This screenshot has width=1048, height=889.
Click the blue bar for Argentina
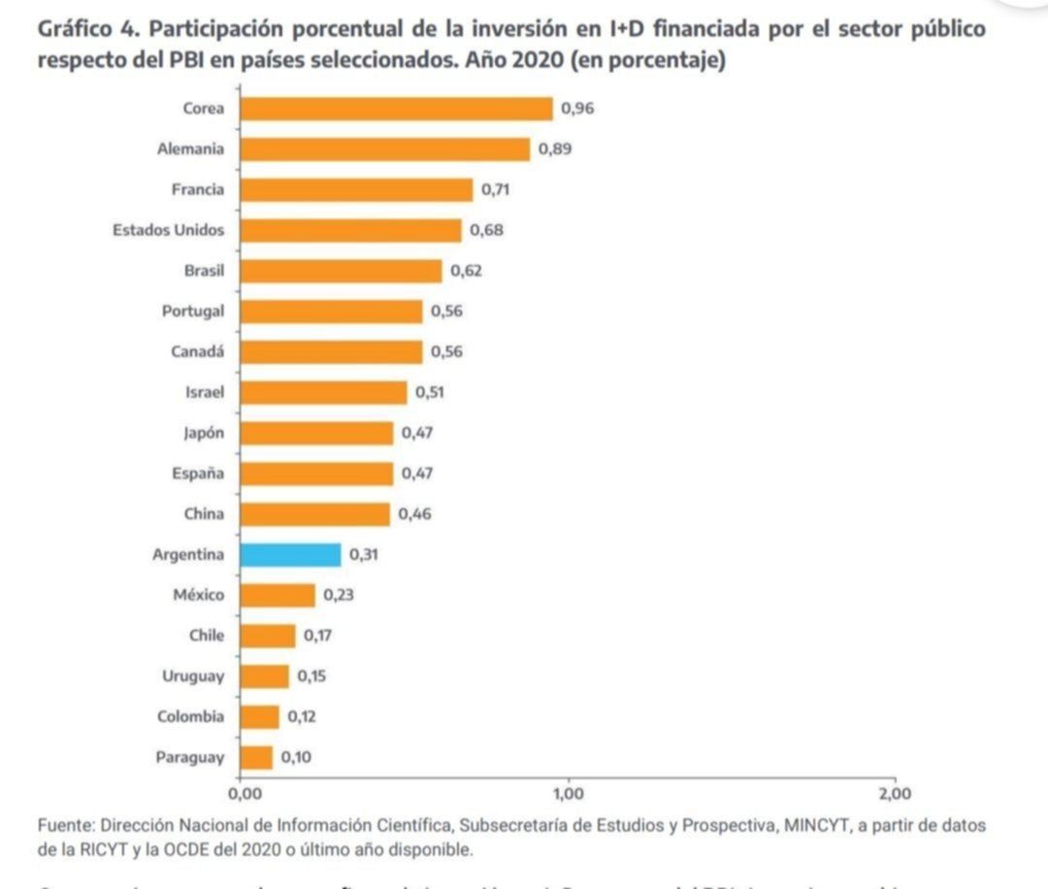pyautogui.click(x=290, y=555)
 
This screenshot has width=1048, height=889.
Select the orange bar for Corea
pyautogui.click(x=396, y=109)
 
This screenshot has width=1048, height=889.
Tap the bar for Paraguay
pyautogui.click(x=256, y=758)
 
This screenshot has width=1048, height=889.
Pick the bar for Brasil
pyautogui.click(x=341, y=271)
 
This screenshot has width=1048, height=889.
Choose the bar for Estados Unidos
pyautogui.click(x=350, y=230)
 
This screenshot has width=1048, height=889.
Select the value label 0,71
pyautogui.click(x=496, y=190)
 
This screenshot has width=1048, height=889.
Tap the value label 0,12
pyautogui.click(x=302, y=717)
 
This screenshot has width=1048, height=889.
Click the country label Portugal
pyautogui.click(x=193, y=312)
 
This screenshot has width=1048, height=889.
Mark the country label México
pyautogui.click(x=198, y=595)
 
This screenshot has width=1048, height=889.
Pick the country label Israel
pyautogui.click(x=204, y=392)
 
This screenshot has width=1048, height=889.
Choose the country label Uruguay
pyautogui.click(x=193, y=676)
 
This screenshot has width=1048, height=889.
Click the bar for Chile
pyautogui.click(x=267, y=636)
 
